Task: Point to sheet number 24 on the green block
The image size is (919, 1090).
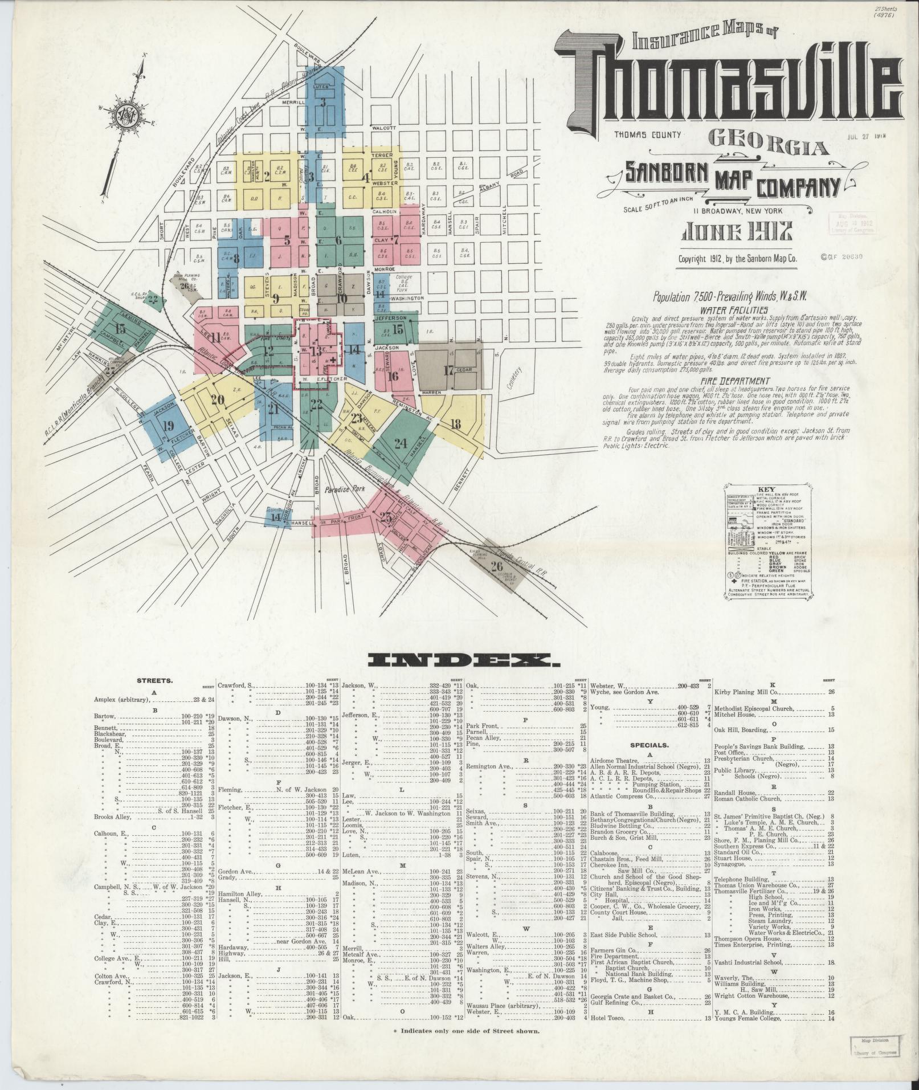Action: (401, 444)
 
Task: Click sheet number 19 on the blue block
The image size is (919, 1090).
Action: (168, 426)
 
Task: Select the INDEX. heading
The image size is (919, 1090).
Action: (464, 660)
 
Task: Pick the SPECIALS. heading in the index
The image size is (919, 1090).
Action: (649, 745)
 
